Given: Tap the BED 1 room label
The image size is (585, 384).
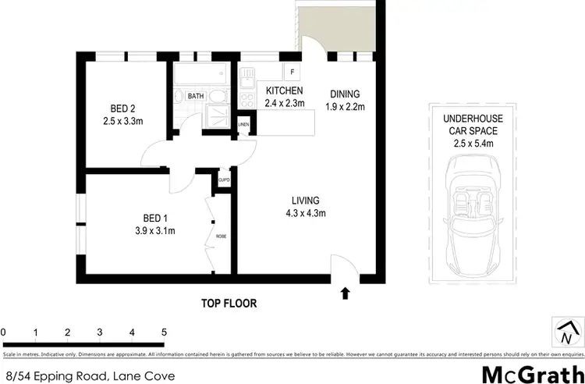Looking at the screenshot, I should coord(154,223).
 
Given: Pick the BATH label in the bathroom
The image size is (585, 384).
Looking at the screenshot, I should coord(195,96).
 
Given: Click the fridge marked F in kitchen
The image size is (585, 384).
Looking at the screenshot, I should coord(292,73).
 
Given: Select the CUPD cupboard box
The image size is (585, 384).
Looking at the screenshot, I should coord(224,180).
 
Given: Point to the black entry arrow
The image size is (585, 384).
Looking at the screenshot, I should coord(345,293).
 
